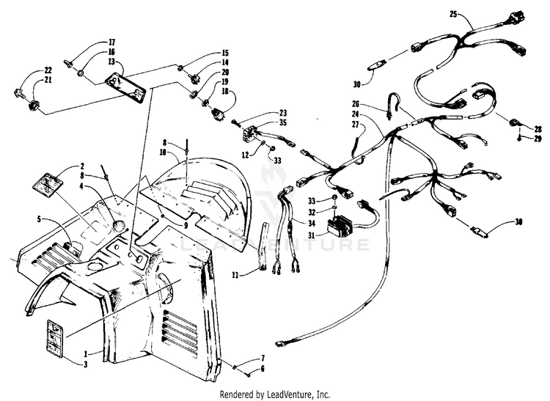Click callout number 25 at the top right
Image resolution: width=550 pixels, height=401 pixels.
click(452, 14)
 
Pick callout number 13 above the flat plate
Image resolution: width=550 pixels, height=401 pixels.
click(111, 62)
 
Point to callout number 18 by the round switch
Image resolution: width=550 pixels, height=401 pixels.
click(224, 92)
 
